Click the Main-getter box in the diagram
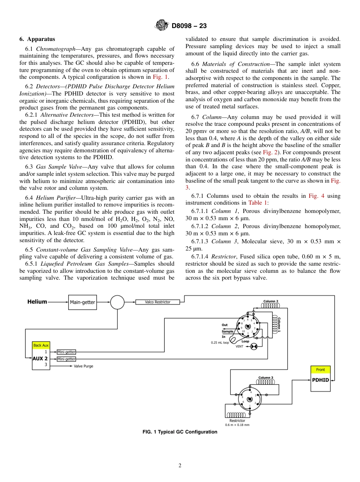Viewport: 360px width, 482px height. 83,302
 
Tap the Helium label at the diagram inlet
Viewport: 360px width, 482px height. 37,302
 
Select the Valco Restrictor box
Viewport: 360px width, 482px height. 158,302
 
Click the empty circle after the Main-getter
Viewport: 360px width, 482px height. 117,302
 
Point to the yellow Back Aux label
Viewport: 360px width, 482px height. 41,345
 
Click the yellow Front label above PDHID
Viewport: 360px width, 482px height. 320,369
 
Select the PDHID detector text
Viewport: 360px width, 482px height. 320,380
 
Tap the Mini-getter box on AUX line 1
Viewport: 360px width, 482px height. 66,352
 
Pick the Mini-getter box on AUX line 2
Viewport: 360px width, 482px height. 66,359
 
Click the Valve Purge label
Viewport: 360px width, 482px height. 83,366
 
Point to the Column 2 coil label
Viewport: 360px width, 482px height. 271,301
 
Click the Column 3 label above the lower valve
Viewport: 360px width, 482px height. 265,377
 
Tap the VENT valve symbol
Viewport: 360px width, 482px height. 254,346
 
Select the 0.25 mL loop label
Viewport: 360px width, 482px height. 220,343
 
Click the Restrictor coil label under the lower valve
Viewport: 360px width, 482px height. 237,421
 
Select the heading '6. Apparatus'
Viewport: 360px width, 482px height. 37,39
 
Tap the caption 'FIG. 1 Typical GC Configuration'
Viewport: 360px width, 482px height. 180,432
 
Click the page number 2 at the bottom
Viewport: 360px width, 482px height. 180,466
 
